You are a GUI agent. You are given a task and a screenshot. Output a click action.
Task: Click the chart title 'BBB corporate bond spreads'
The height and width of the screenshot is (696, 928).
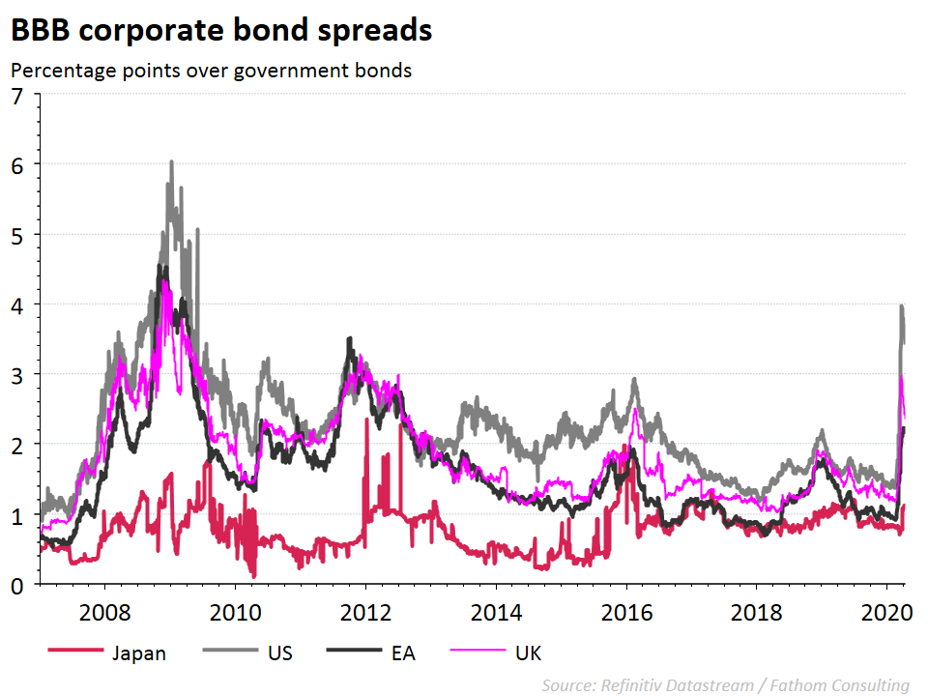(221, 31)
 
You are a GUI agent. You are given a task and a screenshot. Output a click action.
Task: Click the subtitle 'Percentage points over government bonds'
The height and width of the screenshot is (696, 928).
(212, 71)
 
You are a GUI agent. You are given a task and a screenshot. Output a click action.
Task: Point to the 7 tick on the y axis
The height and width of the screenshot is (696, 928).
(17, 95)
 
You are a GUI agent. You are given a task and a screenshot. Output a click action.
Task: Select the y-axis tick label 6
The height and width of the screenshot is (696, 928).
(17, 164)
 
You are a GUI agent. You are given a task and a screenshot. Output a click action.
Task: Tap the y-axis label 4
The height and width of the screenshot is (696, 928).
(17, 304)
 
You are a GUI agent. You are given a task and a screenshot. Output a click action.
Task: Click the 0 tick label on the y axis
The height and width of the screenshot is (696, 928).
(17, 585)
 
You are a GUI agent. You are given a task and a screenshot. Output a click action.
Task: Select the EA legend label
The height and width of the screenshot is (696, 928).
(403, 653)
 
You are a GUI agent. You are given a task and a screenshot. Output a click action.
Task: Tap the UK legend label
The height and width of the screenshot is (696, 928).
(528, 653)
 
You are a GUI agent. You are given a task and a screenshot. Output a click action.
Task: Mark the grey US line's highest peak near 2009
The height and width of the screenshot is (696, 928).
(171, 161)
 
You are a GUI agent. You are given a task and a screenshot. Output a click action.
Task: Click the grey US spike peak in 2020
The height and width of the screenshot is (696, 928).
(901, 306)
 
